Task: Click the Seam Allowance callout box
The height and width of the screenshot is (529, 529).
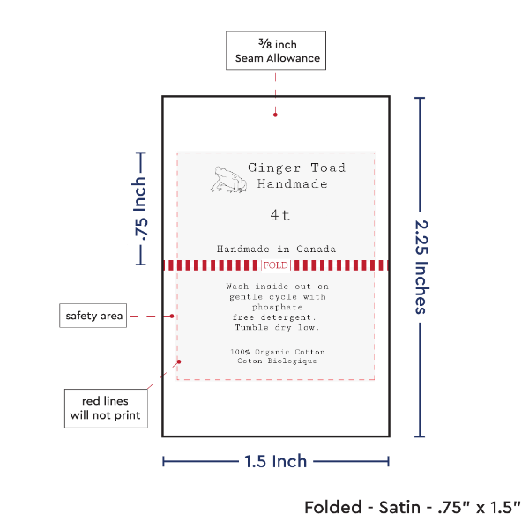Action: click(276, 51)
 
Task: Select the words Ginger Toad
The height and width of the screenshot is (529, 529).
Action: click(296, 168)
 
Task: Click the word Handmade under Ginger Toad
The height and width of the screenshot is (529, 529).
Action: click(292, 184)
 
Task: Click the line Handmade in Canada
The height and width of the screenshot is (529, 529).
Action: click(276, 249)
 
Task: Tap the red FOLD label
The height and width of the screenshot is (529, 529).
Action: click(274, 264)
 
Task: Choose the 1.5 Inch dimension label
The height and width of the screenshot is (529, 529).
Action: click(276, 460)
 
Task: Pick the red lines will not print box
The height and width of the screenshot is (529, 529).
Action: click(105, 407)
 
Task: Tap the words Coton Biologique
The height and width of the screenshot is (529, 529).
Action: click(275, 361)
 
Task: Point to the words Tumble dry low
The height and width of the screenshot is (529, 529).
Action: click(277, 327)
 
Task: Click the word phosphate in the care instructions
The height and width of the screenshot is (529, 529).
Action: click(276, 307)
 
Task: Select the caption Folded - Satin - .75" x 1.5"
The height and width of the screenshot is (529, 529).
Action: click(413, 508)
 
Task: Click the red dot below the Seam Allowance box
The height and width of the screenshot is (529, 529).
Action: click(276, 113)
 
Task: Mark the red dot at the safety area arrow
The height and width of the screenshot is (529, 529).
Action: click(174, 316)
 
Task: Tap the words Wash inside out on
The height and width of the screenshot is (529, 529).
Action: click(277, 287)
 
